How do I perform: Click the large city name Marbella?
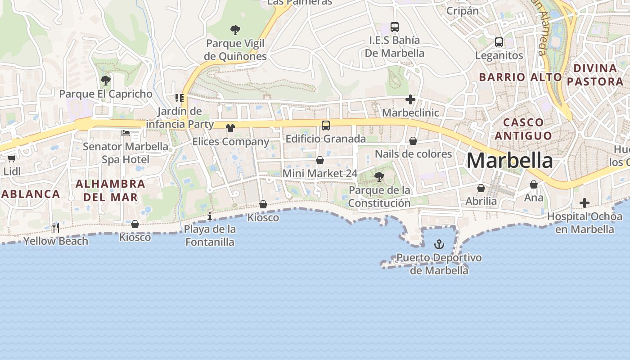[509, 161]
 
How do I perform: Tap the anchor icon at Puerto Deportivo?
[439, 244]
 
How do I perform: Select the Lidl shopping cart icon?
[11, 158]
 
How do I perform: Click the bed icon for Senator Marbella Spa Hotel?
[126, 133]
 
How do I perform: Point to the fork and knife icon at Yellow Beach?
[55, 227]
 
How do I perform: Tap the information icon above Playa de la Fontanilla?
[210, 216]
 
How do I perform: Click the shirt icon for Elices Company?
[230, 128]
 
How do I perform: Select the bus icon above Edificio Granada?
[326, 126]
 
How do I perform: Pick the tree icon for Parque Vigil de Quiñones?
[235, 30]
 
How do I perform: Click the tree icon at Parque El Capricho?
[106, 81]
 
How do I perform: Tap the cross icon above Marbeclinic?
[410, 99]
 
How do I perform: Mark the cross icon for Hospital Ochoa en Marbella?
[584, 203]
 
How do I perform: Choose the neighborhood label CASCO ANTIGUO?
[521, 129]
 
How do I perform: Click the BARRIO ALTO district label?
[520, 77]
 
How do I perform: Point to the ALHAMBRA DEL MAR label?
[110, 190]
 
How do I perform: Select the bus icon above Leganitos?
[499, 42]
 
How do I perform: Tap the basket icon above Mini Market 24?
[320, 160]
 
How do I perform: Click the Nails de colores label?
[413, 154]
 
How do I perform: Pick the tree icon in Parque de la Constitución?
[379, 176]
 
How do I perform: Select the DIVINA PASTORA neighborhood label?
[595, 75]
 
